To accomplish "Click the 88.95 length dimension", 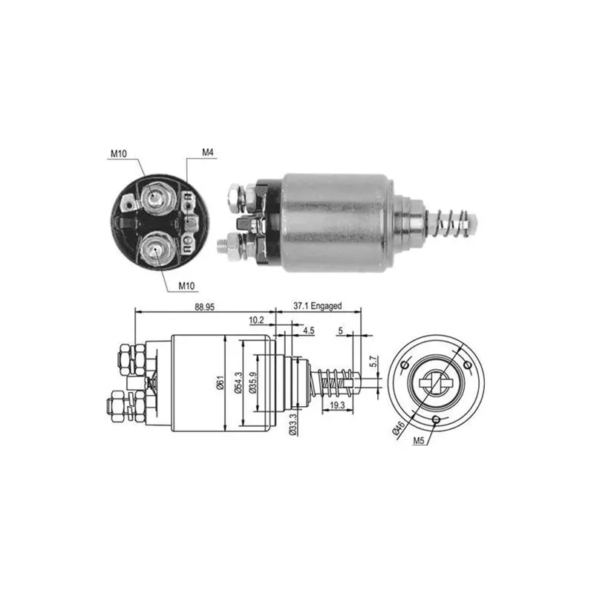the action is pyautogui.click(x=205, y=307).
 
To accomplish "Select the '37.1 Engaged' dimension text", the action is pyautogui.click(x=318, y=306).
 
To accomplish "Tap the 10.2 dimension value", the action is pyautogui.click(x=256, y=320).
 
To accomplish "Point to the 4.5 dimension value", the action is pyautogui.click(x=309, y=330).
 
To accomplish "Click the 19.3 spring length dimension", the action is pyautogui.click(x=337, y=405).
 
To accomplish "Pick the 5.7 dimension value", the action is pyautogui.click(x=373, y=362).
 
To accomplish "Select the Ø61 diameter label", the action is pyautogui.click(x=220, y=383).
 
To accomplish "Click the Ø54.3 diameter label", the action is pyautogui.click(x=238, y=382).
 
